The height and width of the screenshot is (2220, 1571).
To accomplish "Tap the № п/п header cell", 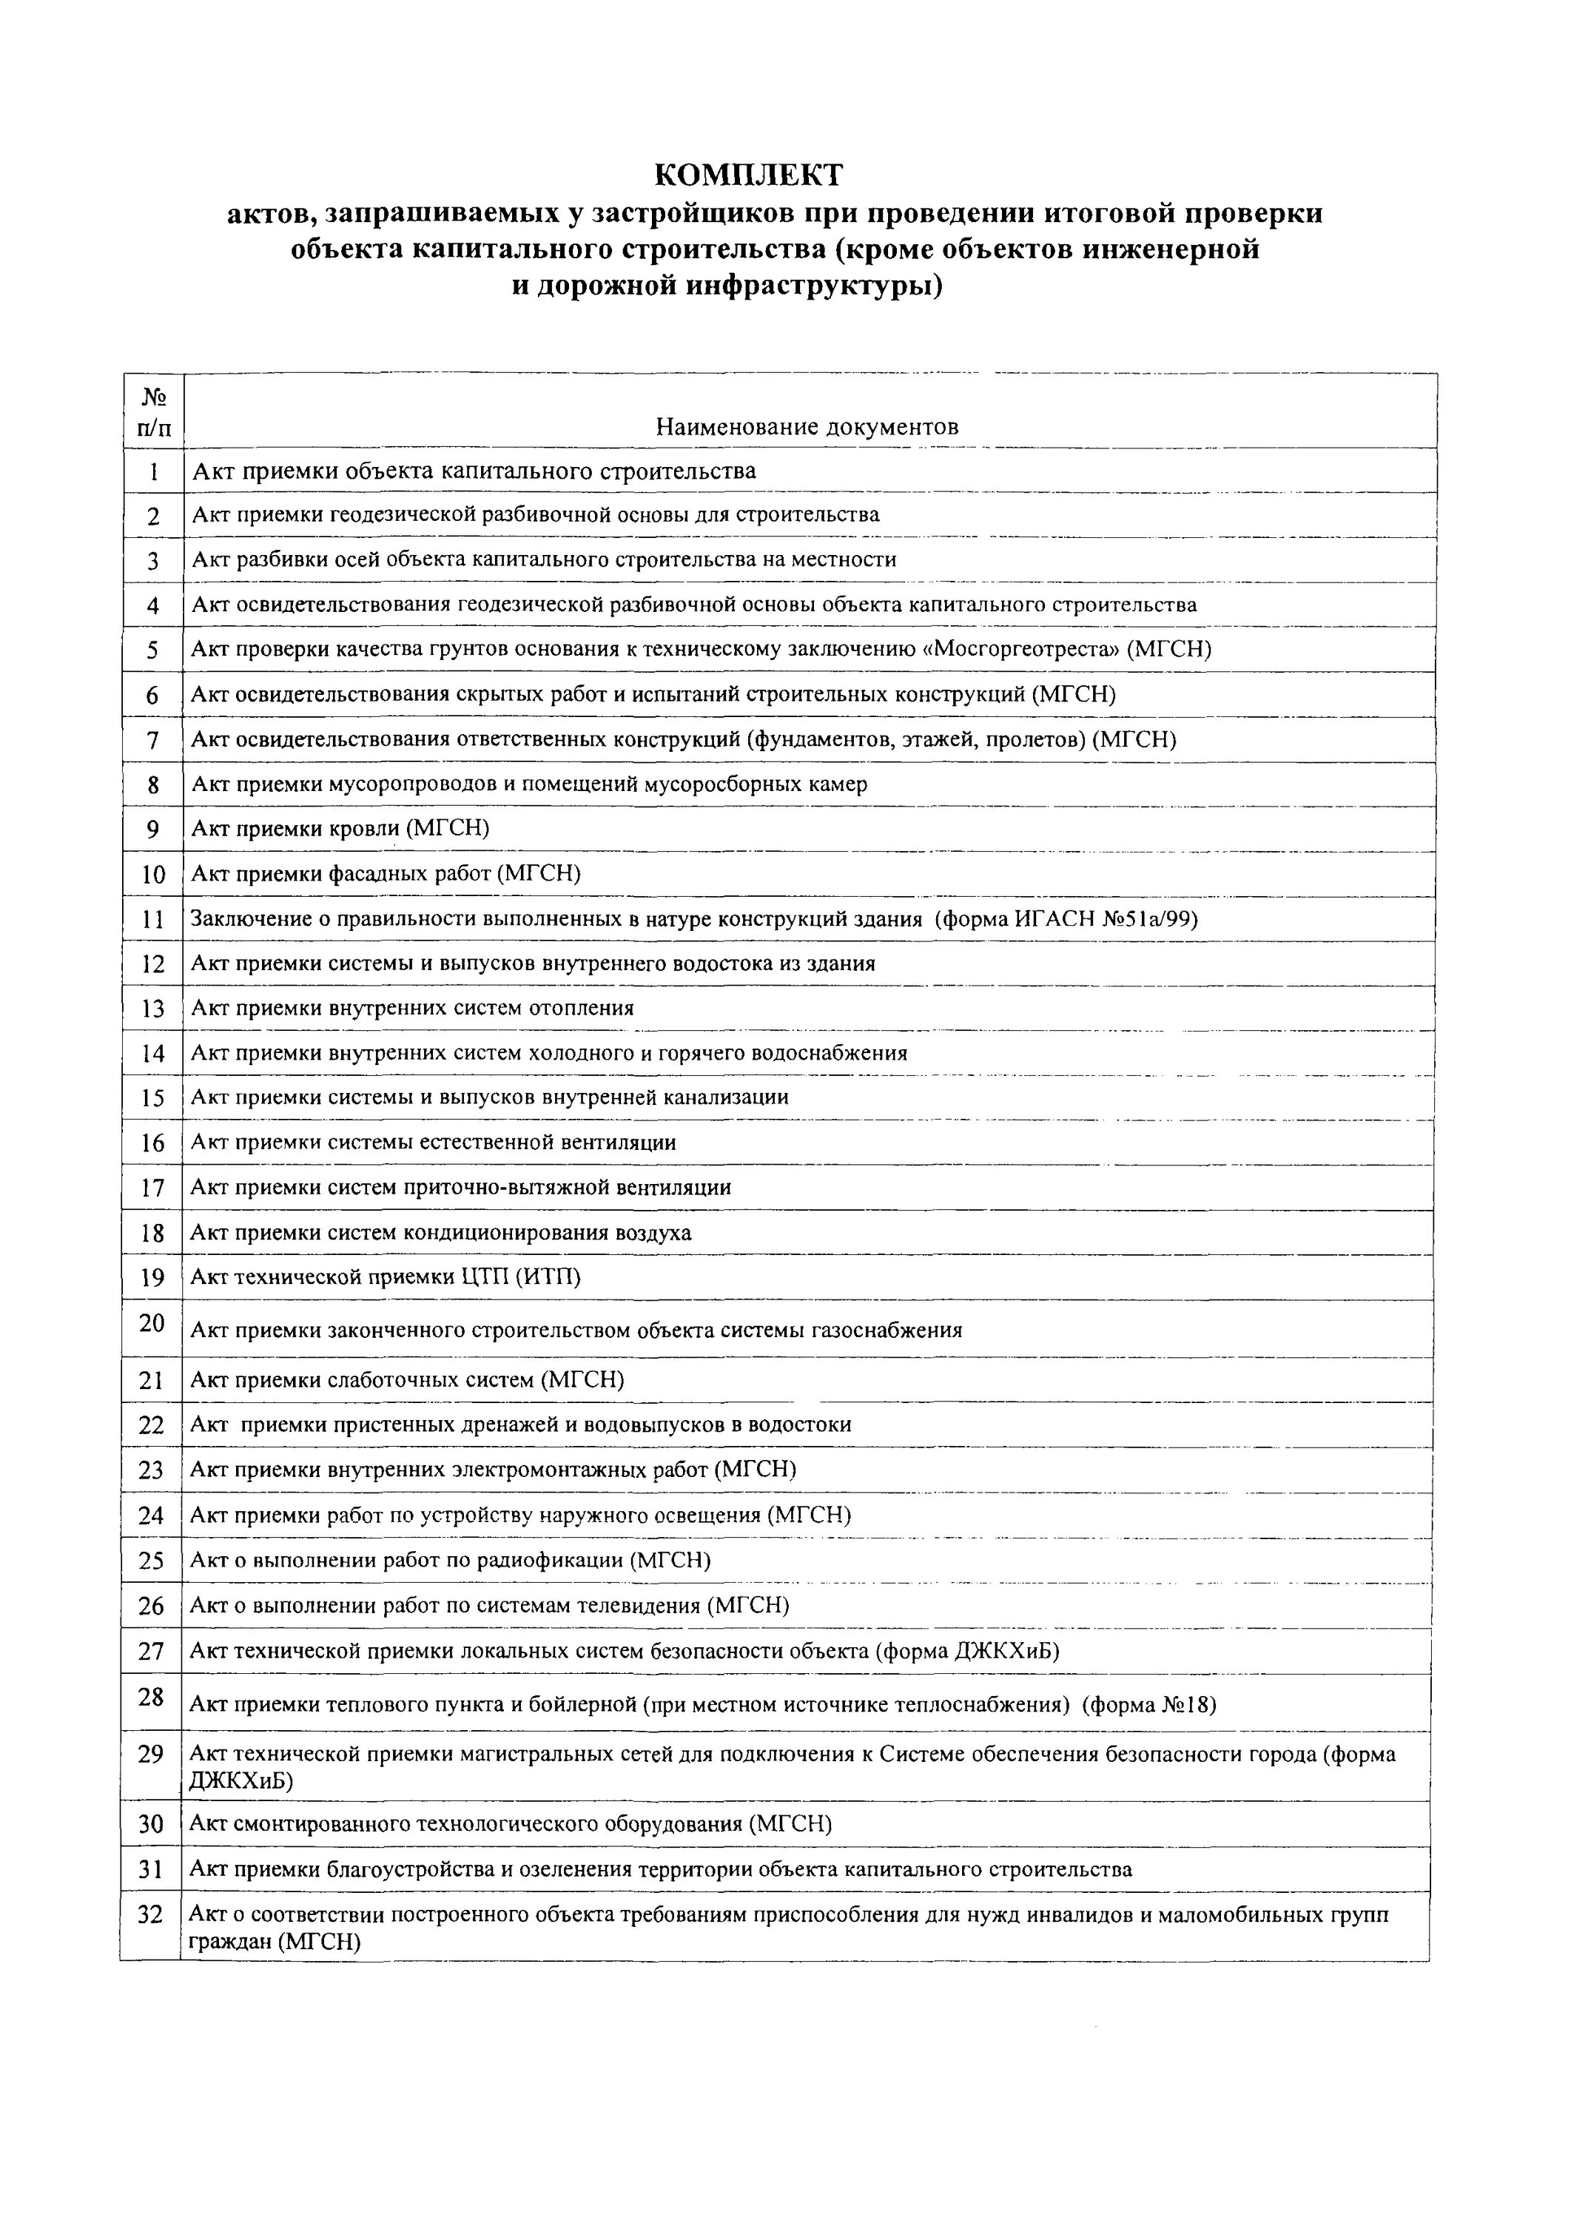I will [x=154, y=411].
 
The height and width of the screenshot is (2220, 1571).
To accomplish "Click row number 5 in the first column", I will [x=153, y=650].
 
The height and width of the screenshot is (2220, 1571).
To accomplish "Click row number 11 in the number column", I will [x=153, y=920].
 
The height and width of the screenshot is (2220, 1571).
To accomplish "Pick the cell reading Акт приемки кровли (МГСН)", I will [x=340, y=828].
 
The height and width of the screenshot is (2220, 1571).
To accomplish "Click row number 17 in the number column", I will [x=153, y=1189].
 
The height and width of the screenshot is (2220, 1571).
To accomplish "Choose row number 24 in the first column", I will [x=152, y=1516].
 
